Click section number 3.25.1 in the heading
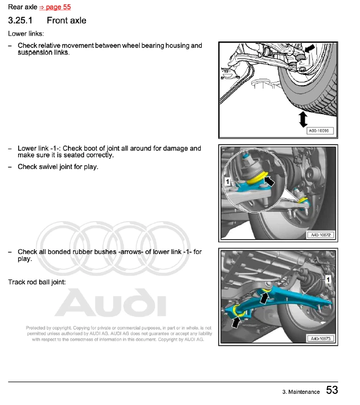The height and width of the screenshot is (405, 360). [20, 21]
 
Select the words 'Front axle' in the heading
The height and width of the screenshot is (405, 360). [66, 21]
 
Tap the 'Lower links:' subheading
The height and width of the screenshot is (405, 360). [25, 33]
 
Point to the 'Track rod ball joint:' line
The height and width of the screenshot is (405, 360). [37, 282]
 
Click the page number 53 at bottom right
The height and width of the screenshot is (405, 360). [332, 391]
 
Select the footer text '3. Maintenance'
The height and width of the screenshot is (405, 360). [301, 392]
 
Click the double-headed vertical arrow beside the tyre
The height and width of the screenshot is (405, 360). [303, 119]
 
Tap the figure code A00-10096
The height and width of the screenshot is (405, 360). [320, 131]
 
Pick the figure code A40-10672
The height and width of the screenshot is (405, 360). [320, 235]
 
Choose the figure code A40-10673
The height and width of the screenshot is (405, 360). [320, 339]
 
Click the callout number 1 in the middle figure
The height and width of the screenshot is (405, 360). [228, 181]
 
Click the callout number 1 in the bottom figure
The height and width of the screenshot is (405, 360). [329, 279]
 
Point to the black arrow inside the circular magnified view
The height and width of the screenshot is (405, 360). [270, 181]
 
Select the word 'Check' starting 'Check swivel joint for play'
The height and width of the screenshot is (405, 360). [27, 167]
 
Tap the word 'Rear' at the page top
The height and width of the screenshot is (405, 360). [15, 7]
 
